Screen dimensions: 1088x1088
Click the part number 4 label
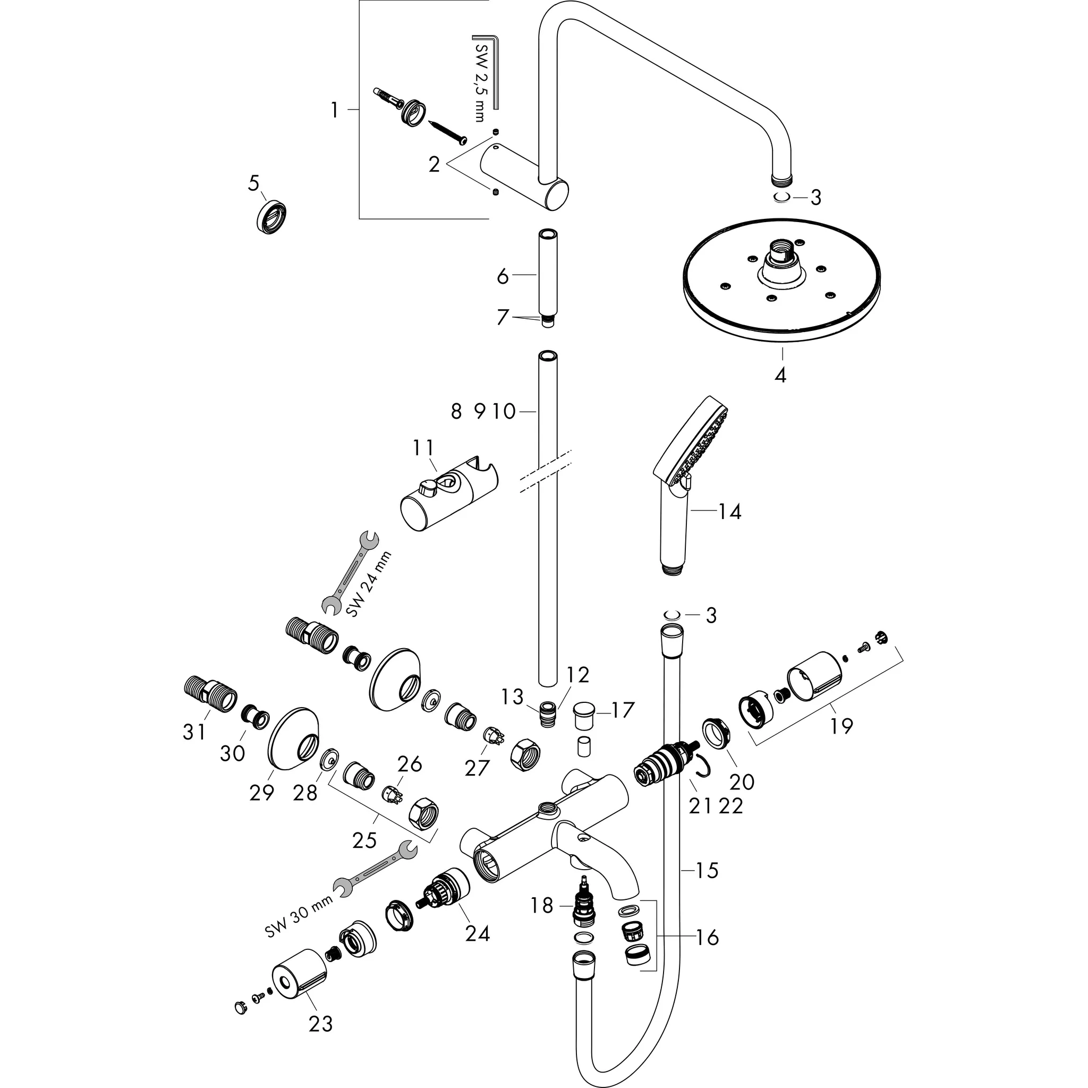(x=780, y=375)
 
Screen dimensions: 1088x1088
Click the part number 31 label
(x=195, y=732)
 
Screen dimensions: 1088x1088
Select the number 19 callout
(x=841, y=725)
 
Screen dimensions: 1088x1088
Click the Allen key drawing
(x=488, y=67)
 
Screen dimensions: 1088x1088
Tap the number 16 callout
(x=707, y=938)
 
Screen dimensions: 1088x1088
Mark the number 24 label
(x=477, y=934)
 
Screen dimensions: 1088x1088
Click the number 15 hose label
(x=707, y=870)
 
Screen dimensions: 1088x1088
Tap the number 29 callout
(x=261, y=793)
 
